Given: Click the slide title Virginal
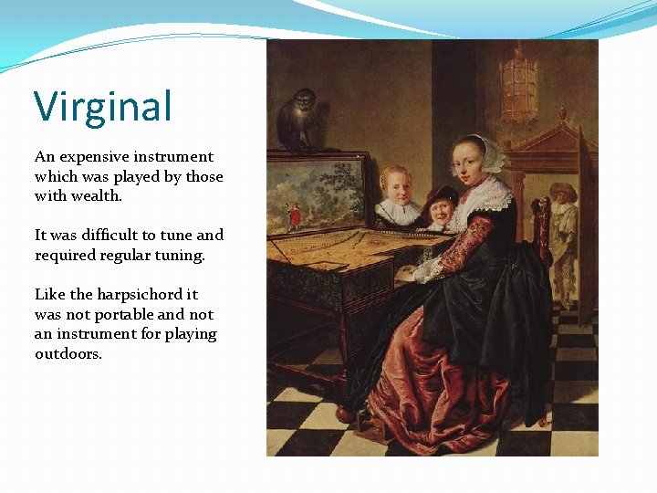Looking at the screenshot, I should coord(102,107).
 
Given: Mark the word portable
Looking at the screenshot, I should coord(127,314).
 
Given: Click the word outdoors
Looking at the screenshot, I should coord(68,354).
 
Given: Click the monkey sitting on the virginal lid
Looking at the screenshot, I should coord(297,119).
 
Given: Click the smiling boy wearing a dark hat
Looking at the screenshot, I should coord(441,209).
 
